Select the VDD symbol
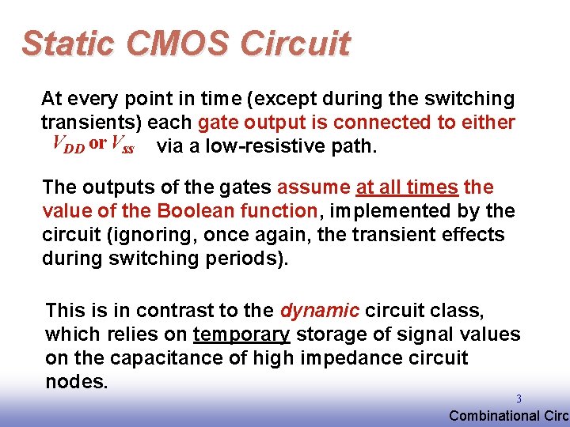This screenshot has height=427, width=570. coord(68,144)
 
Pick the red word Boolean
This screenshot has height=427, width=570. coord(193,211)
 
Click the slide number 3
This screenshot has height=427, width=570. coord(519,399)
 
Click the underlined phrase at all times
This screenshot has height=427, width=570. coord(407,187)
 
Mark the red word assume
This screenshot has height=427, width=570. coord(313,187)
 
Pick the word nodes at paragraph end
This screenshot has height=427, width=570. coord(76,382)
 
